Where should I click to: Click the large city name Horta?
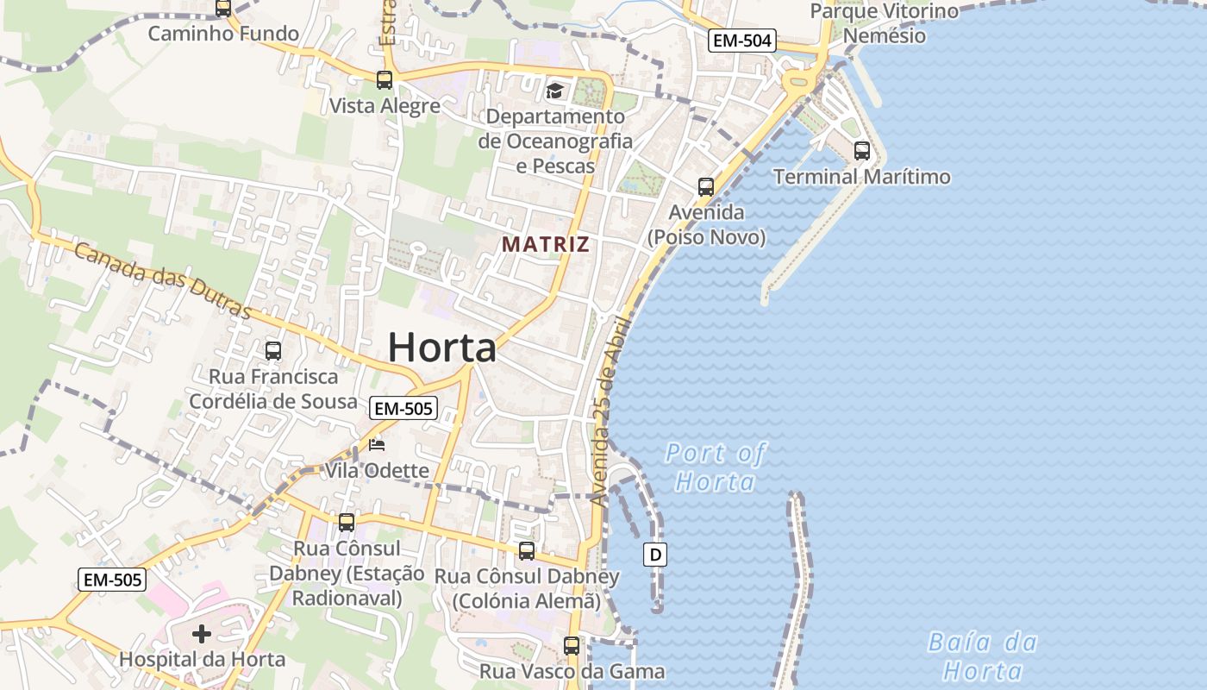tap(442, 348)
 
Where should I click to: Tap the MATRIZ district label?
tap(546, 244)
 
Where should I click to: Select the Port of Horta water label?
tap(716, 467)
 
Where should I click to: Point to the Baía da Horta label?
tap(983, 656)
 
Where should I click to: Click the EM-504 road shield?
tap(741, 40)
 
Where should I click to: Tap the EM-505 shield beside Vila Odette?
tap(403, 408)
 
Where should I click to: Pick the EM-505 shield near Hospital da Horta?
tap(112, 580)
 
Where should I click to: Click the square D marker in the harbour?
tap(655, 555)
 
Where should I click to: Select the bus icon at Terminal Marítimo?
tap(861, 151)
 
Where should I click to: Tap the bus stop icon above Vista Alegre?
tap(385, 80)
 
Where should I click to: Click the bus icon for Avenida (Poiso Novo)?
tap(706, 186)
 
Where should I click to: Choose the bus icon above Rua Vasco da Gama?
tap(571, 645)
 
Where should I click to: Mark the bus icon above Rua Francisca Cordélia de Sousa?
tap(273, 351)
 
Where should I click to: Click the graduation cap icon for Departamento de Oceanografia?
tap(554, 91)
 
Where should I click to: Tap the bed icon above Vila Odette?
tap(377, 445)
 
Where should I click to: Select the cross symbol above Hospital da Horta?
tap(202, 635)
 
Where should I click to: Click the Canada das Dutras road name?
tap(161, 279)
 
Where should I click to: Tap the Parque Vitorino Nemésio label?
tap(885, 23)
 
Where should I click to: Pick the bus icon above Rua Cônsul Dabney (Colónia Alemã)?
tap(527, 551)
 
